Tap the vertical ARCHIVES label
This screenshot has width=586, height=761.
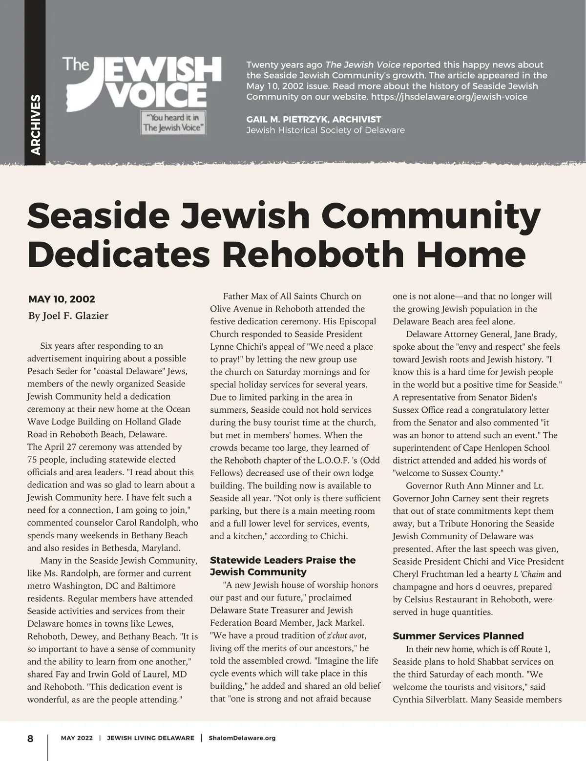36,125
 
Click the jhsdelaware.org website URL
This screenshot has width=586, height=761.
449,97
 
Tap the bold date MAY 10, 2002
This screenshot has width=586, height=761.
62,299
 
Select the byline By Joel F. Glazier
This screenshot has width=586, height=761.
68,316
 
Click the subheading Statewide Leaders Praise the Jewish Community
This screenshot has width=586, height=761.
283,566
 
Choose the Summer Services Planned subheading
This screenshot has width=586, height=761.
458,635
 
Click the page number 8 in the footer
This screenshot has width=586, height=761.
30,738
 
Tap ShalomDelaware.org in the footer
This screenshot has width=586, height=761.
242,738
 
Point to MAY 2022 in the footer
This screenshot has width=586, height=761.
77,738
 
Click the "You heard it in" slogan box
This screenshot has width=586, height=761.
173,122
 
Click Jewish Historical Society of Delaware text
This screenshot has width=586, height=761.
325,130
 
